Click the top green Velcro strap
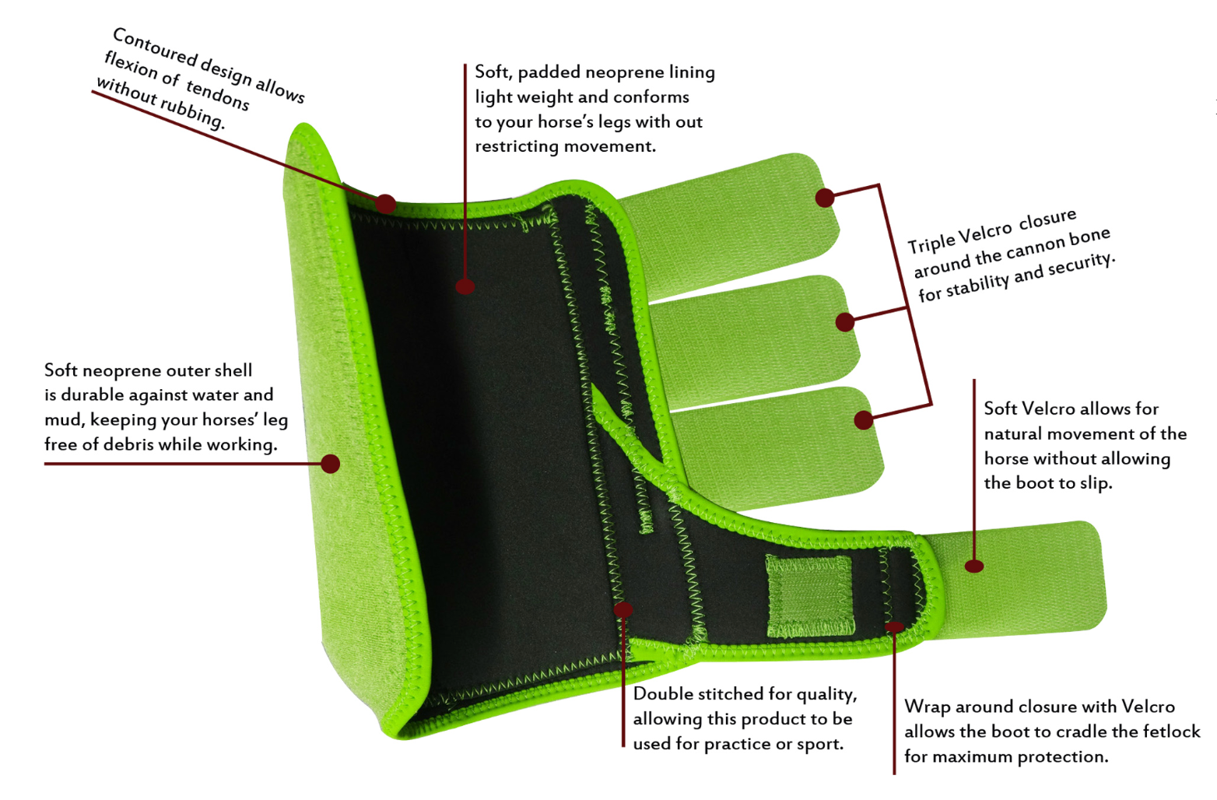tap(728, 226)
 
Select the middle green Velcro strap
tap(756, 342)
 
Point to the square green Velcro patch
tap(809, 595)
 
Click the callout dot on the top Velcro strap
tap(825, 198)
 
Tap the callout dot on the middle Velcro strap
tap(845, 322)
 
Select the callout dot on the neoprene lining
tap(465, 286)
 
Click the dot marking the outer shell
tap(331, 464)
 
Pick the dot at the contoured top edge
tap(385, 204)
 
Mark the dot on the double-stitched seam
tap(623, 609)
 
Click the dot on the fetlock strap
tap(974, 567)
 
